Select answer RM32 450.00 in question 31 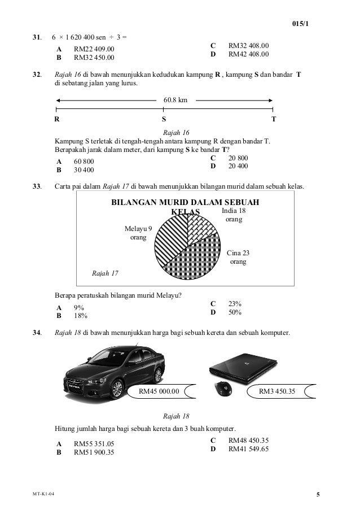(x=94, y=57)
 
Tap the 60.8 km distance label (x=175, y=101)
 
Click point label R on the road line (x=56, y=120)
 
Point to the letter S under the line (x=164, y=120)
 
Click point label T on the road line (x=274, y=120)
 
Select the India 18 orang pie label (x=234, y=215)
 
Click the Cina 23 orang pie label (x=238, y=258)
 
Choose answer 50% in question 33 (x=235, y=312)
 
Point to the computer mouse (x=222, y=389)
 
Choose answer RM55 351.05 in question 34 (x=94, y=444)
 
